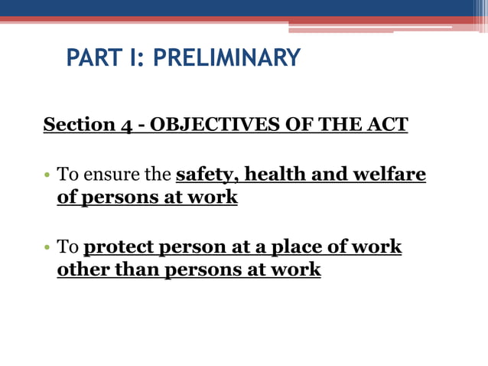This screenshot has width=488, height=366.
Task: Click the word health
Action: [274, 175]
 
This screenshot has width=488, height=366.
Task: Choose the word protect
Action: [119, 247]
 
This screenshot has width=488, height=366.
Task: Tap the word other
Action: [83, 270]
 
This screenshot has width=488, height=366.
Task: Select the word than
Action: [136, 270]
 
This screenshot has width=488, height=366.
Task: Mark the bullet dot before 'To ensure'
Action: [47, 176]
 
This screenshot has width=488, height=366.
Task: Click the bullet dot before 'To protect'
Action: [47, 248]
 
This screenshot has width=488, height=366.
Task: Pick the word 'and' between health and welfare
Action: [330, 175]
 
